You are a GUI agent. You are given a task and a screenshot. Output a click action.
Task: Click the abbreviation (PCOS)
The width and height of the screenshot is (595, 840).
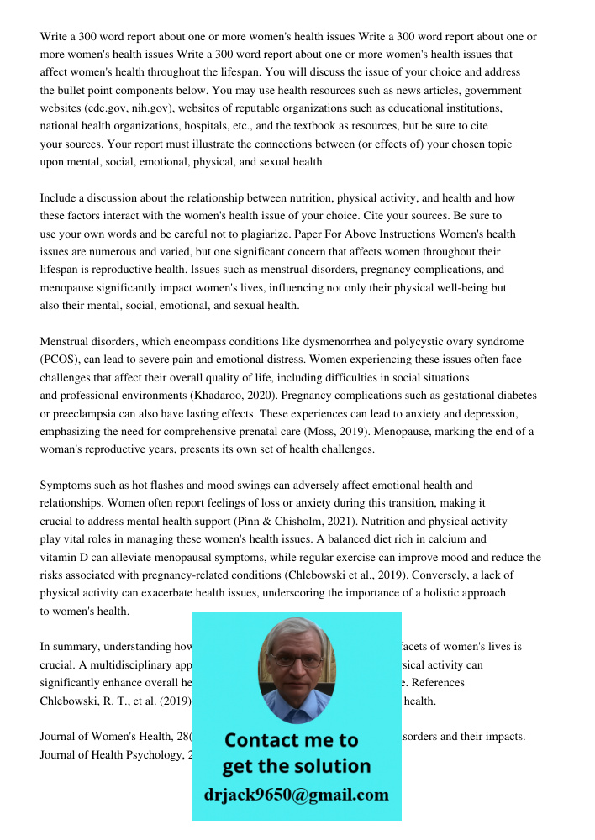59,360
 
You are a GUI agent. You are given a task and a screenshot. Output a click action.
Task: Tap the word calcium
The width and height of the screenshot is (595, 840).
454,539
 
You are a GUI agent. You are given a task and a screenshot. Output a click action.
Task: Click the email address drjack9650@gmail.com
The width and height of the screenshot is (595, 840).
297,795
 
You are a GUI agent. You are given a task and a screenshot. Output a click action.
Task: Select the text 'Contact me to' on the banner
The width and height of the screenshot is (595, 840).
292,740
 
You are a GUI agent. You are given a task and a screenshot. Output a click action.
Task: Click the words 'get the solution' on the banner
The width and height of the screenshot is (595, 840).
296,766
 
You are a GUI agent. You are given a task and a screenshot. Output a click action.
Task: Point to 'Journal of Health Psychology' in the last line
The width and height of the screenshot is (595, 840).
109,754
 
